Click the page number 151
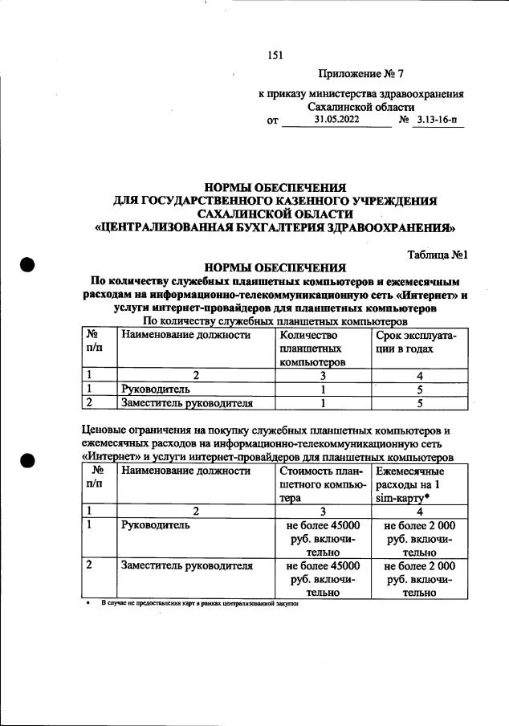(275, 55)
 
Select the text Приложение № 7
(360, 75)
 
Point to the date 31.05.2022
(337, 120)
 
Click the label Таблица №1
(438, 255)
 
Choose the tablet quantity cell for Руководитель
(322, 390)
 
